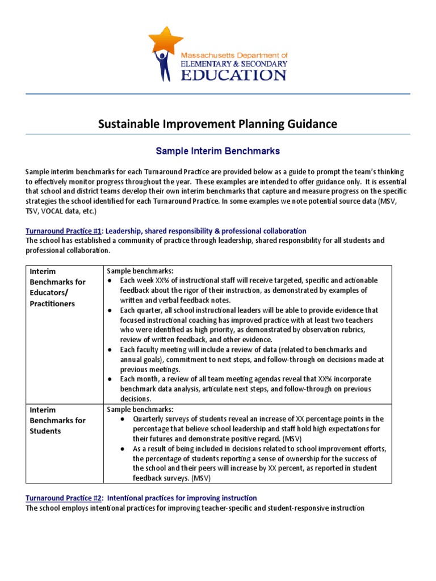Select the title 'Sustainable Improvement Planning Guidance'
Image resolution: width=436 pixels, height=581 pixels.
[217, 124]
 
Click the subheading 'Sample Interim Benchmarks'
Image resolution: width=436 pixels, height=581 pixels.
[218, 151]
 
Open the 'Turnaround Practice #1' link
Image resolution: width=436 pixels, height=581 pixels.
[64, 231]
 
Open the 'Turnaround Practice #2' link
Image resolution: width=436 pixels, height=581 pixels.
[64, 498]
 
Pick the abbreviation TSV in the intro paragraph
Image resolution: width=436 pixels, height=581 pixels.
[33, 211]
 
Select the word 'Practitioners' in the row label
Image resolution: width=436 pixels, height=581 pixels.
[53, 304]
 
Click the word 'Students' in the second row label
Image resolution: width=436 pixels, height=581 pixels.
[46, 431]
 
